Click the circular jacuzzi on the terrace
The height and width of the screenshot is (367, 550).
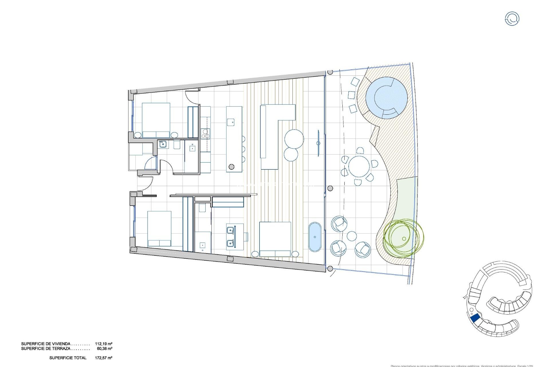pos(386,97)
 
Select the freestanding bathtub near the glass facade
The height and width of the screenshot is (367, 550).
pos(315,237)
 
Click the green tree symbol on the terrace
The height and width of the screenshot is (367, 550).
pos(403,238)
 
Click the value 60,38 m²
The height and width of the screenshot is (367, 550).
pos(105,349)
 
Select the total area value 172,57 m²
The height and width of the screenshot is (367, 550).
pos(104,358)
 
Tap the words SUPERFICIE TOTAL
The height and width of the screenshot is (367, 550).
pos(68,358)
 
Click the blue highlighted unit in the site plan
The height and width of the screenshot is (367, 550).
pos(475,318)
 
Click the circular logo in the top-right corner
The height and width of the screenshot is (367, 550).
pos(512,19)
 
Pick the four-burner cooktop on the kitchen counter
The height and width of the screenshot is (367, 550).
pos(205,133)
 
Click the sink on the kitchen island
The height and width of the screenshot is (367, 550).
pos(231,122)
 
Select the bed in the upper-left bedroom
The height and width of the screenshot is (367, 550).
pos(156,120)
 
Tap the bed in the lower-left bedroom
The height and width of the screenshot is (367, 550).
pos(159,229)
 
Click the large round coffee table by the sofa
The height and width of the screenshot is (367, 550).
pos(294,139)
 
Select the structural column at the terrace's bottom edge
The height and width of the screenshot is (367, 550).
pos(330,269)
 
